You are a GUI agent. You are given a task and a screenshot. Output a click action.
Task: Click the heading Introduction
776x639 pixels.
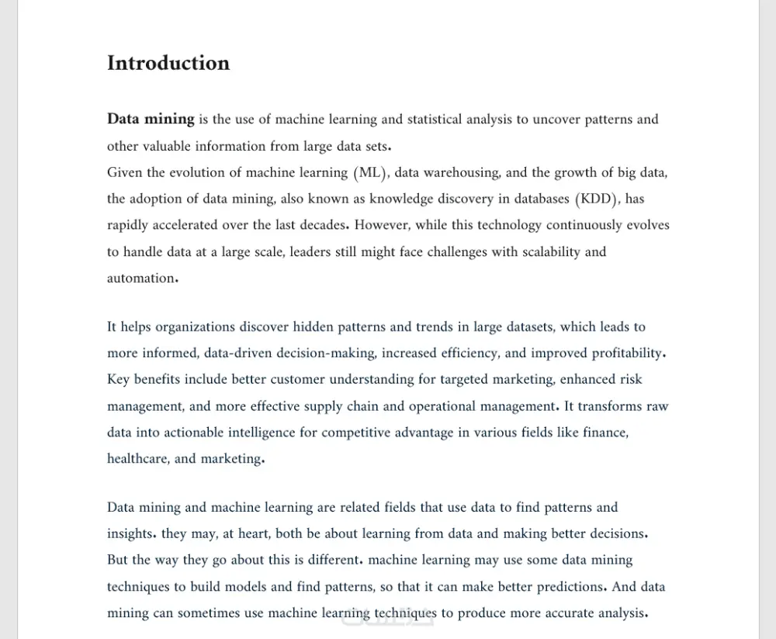(x=168, y=63)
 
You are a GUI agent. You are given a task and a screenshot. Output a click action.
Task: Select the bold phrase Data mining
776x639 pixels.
(x=151, y=119)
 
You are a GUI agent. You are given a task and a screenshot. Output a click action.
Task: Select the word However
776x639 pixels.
(x=382, y=225)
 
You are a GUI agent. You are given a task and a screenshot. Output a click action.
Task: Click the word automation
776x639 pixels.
(x=141, y=278)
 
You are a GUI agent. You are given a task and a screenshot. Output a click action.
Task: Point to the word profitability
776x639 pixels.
(x=628, y=353)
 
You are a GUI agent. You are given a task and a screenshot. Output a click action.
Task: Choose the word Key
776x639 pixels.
(x=119, y=380)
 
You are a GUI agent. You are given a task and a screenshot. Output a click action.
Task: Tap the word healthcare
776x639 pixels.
(x=137, y=459)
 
